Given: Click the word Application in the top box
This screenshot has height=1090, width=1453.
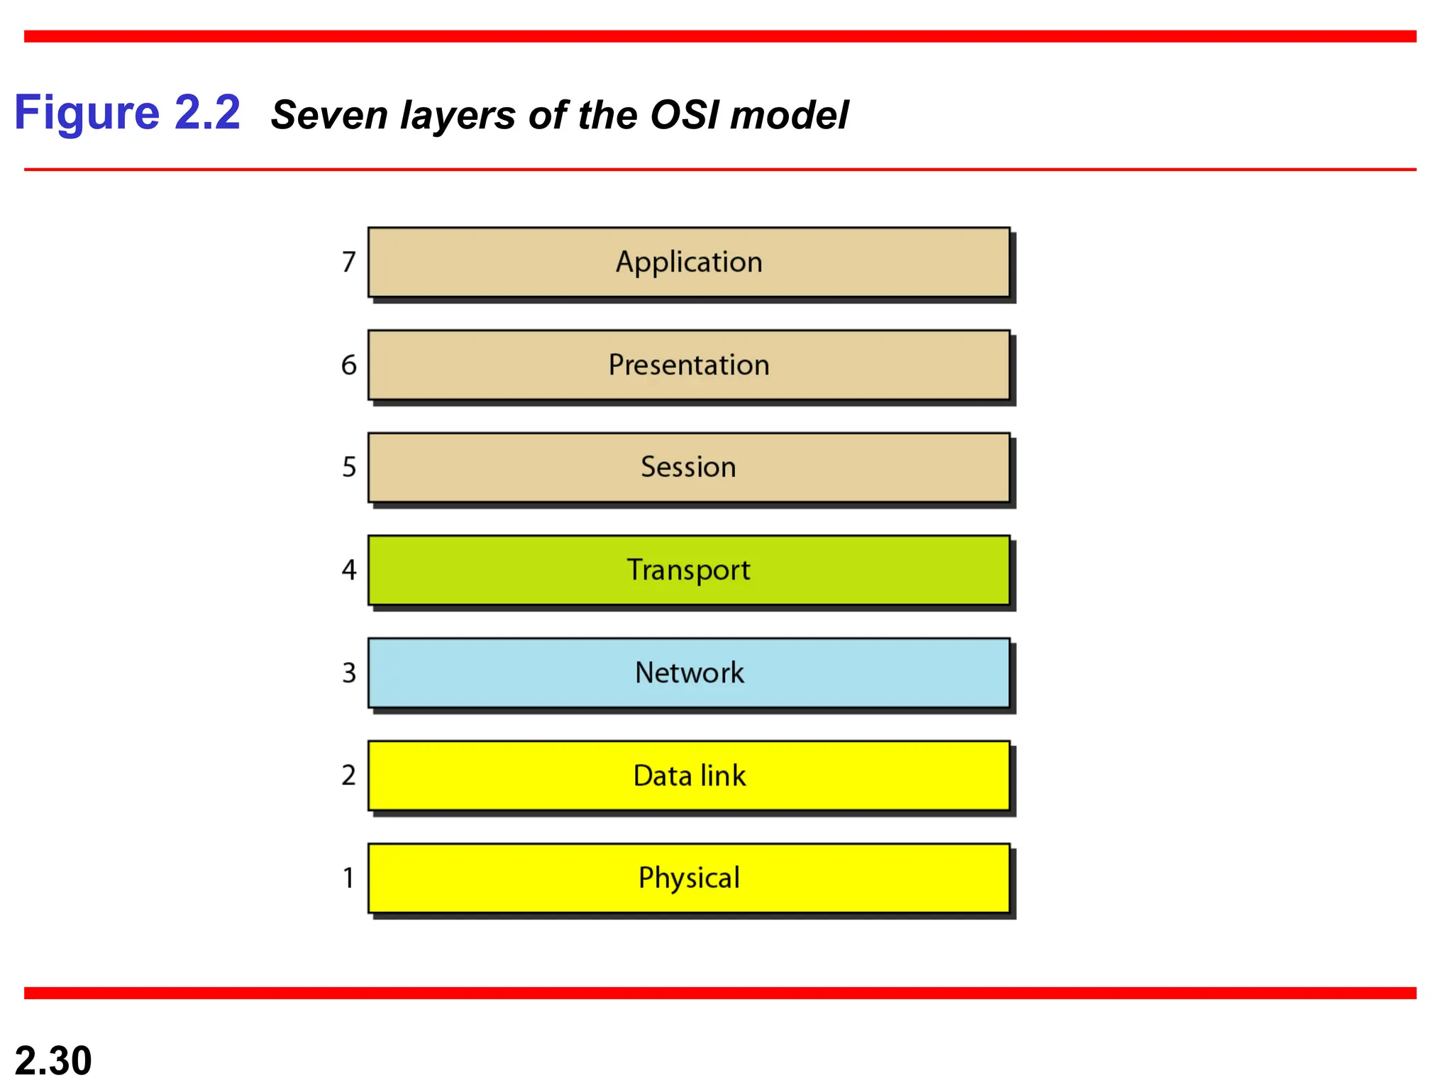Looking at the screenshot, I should click(689, 263).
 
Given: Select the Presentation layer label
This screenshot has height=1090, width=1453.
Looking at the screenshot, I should click(689, 365).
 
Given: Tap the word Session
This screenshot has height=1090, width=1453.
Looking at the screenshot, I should click(688, 467).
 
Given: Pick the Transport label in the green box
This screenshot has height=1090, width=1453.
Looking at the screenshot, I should click(688, 570).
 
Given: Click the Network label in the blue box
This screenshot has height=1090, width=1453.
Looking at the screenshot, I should click(689, 673).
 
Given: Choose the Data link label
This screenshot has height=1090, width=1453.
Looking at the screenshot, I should click(689, 776).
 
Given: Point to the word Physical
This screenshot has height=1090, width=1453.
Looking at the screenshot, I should click(689, 879).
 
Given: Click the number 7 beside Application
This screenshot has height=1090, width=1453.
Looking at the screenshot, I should click(348, 262).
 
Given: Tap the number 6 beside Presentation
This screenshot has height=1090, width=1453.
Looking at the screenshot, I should click(348, 365).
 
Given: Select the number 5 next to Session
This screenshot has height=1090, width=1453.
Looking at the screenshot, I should click(348, 467).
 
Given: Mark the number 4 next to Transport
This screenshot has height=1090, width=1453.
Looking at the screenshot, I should click(348, 570).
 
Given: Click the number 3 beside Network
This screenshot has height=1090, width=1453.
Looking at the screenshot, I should click(348, 673).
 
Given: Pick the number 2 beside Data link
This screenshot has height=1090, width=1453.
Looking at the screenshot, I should click(348, 775).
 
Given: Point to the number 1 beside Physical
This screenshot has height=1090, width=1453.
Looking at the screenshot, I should click(348, 878).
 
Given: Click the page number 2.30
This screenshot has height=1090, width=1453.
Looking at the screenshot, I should click(53, 1060).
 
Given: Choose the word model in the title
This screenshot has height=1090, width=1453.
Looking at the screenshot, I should click(789, 115).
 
